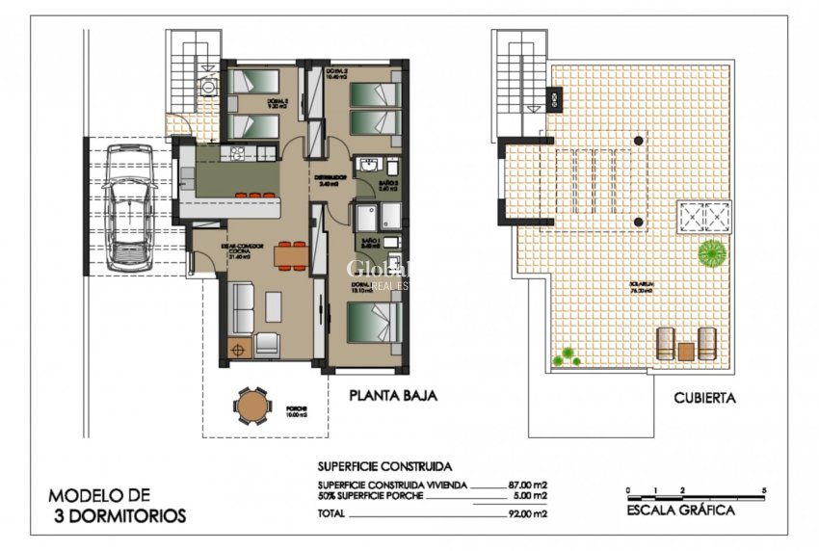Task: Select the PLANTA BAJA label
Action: point(393,395)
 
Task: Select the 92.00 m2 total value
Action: point(527,515)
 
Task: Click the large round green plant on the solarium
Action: point(712,253)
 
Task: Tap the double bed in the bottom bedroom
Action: point(373,323)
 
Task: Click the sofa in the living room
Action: point(241,306)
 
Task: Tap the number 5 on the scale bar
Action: point(763,490)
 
